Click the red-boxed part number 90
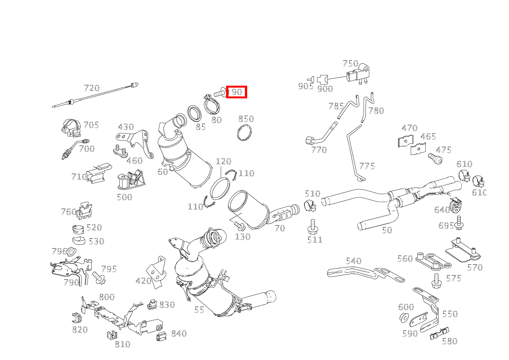[x=236, y=92]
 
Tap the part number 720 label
[x=91, y=88]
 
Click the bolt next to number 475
[x=434, y=158]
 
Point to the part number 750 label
[x=350, y=63]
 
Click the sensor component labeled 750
[x=357, y=75]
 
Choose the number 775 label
[x=367, y=166]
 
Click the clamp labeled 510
[x=310, y=206]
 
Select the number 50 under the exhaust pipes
[x=387, y=230]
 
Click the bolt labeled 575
[x=436, y=281]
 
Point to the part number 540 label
[x=353, y=261]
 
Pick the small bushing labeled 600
[x=403, y=318]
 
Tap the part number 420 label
[x=143, y=281]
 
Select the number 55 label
[x=199, y=310]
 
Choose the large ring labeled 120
[x=220, y=189]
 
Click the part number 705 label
[x=91, y=125]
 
